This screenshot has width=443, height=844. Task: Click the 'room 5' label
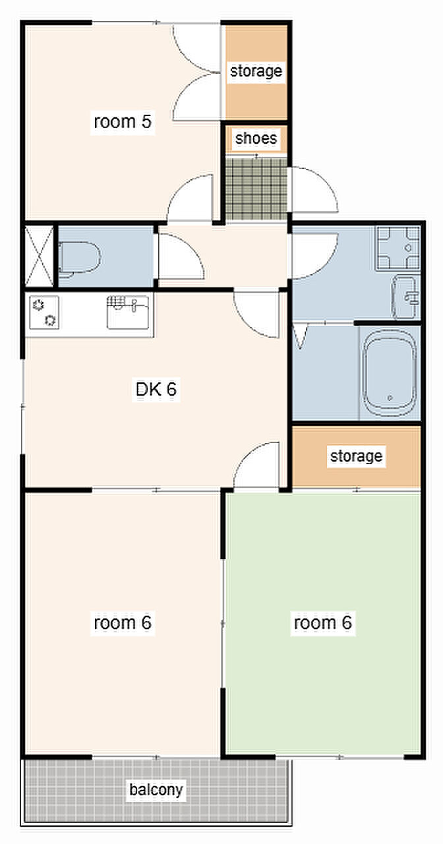point(123,122)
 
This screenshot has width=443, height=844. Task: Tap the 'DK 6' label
point(156,389)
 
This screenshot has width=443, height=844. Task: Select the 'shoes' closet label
point(256,138)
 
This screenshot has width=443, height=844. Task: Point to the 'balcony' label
point(156,789)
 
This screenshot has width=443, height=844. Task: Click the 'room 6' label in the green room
point(323,622)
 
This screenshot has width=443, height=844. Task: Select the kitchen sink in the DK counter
point(128,313)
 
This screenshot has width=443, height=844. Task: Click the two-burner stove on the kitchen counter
point(44,313)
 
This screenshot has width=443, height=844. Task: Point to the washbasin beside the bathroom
point(405,297)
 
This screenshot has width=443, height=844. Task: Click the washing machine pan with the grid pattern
point(398,248)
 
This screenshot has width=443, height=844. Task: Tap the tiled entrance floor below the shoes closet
point(256,189)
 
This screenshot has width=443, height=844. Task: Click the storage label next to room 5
point(256,71)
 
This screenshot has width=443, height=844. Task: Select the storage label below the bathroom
point(357,456)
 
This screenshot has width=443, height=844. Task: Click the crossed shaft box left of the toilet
point(39,256)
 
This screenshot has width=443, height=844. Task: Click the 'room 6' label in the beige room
point(123,622)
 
